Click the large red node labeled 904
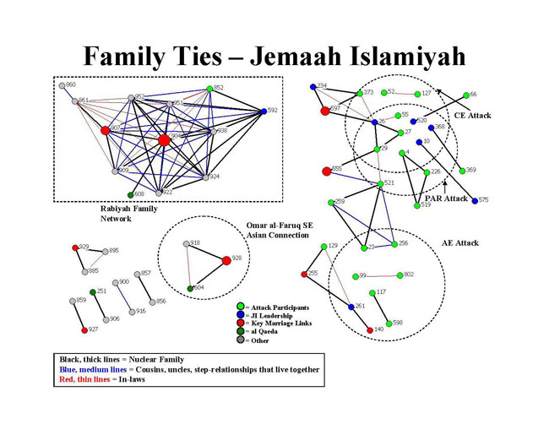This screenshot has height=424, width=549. (x=164, y=139)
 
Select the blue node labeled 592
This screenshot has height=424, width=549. (x=264, y=111)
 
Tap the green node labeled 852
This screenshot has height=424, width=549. (x=209, y=89)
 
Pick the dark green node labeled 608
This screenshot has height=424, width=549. (x=131, y=194)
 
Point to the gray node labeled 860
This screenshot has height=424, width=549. (x=63, y=85)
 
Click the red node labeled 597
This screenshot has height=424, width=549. (x=324, y=111)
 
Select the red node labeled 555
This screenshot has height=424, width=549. (x=326, y=171)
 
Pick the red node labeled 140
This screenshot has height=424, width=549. (x=370, y=330)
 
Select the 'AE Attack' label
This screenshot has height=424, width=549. (x=459, y=243)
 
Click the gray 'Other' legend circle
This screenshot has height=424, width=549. (x=241, y=340)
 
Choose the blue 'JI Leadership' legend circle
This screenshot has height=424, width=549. (x=241, y=315)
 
